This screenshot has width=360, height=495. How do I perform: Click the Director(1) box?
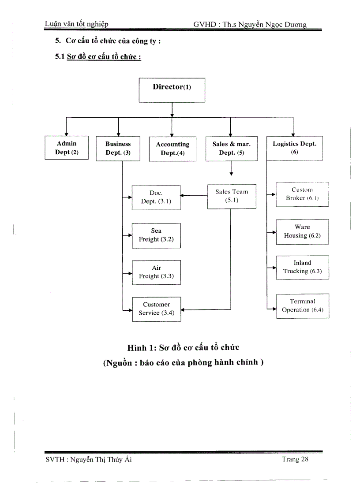tap(172, 90)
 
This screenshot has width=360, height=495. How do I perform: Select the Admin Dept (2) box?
tap(67, 148)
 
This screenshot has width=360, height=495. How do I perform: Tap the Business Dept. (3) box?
tap(118, 149)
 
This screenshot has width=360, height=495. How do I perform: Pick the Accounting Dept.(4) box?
tap(172, 149)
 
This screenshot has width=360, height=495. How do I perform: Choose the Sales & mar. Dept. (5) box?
tap(232, 149)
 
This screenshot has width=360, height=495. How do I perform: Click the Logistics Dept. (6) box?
tap(294, 148)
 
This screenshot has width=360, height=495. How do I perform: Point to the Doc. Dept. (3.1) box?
tap(156, 197)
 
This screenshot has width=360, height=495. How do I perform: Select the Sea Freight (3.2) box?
tap(156, 235)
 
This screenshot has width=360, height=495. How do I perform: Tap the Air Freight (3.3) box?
tap(156, 272)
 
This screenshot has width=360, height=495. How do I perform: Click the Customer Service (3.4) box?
tap(156, 309)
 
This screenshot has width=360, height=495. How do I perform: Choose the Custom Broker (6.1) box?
tap(302, 194)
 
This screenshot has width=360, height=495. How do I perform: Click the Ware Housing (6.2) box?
tap(302, 232)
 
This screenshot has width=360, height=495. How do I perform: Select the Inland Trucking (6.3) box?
tap(302, 268)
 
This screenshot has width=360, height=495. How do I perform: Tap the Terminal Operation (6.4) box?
tap(302, 306)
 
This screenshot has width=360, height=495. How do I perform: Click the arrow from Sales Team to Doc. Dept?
tap(194, 196)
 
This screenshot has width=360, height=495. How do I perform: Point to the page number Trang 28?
tap(295, 460)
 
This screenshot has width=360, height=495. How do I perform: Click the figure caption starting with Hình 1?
tap(183, 347)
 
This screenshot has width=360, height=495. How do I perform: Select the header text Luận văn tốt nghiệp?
tap(77, 25)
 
